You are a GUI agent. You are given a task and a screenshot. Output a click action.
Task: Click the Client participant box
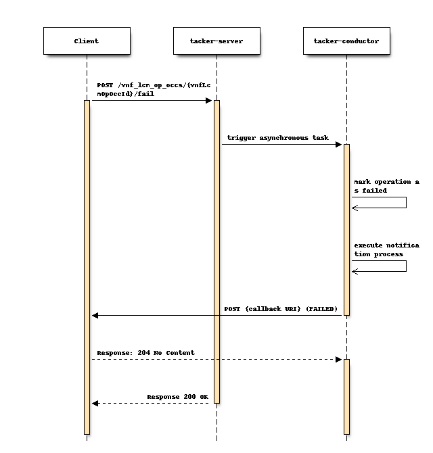(87, 41)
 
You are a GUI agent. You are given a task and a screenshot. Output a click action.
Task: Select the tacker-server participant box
(216, 41)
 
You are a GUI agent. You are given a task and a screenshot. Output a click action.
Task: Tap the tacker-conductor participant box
(346, 41)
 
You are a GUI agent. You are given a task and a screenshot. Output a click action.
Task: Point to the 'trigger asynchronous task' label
(277, 138)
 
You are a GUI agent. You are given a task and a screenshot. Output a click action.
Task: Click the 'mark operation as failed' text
(386, 186)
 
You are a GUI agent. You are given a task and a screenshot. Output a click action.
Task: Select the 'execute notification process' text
(386, 249)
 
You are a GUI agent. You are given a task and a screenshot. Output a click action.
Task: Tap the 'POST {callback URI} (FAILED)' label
(281, 309)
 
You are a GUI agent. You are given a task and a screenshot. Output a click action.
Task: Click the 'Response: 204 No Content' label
(145, 353)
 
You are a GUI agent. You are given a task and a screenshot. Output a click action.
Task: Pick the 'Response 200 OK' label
(177, 397)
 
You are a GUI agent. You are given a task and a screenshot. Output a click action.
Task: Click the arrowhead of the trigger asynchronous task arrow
(339, 144)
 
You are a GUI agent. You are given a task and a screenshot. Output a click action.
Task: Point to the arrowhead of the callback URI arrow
(95, 315)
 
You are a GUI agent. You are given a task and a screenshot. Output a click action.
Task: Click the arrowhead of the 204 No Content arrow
(339, 359)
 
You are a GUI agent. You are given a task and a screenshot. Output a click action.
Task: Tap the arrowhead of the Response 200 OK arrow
(95, 403)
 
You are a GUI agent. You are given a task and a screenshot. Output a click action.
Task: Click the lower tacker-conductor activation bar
(346, 396)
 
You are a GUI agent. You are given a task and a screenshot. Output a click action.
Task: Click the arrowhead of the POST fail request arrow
(209, 100)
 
